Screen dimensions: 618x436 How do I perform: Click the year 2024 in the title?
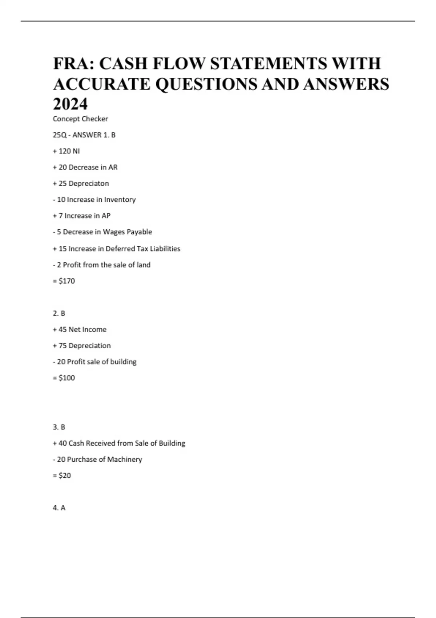point(70,104)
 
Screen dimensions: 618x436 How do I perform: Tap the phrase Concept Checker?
point(80,119)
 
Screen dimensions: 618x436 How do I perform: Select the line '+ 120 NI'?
point(66,151)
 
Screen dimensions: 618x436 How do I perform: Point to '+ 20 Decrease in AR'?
point(85,167)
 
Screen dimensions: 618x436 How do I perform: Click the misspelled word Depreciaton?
point(89,184)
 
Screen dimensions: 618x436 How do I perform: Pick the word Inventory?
point(120,200)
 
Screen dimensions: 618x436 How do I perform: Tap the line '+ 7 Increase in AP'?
point(81,216)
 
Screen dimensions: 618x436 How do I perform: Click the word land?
point(144,265)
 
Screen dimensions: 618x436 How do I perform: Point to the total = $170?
point(64,281)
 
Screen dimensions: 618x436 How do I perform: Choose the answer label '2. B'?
point(59,313)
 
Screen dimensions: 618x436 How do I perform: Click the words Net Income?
point(88,330)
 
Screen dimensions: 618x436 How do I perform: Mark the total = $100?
point(64,378)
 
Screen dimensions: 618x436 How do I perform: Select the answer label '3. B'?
point(59,427)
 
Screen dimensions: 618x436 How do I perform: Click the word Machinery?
point(124,460)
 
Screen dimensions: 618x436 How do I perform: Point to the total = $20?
point(62,475)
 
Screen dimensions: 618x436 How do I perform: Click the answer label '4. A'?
point(59,508)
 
